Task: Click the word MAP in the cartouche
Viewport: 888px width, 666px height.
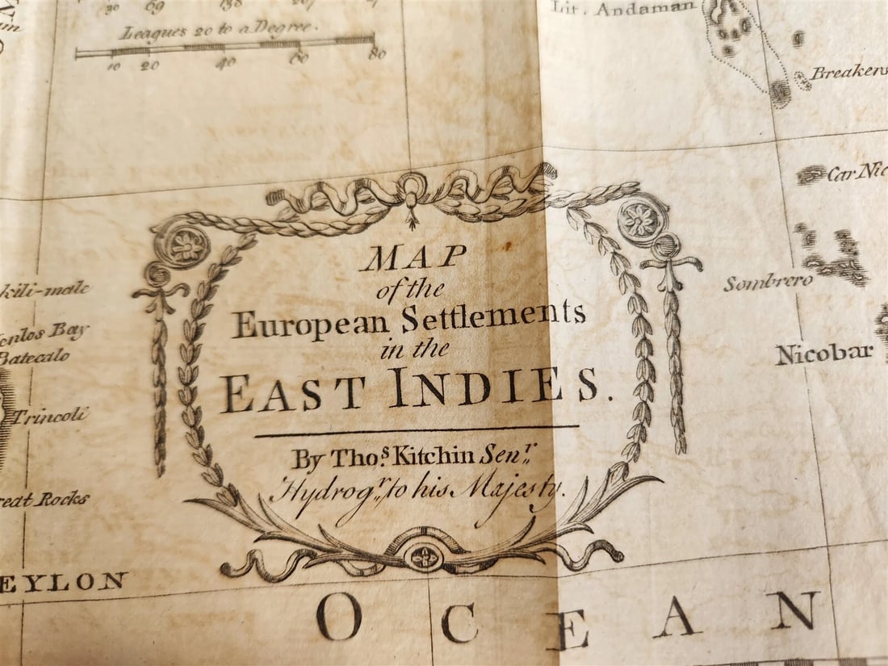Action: pos(413,258)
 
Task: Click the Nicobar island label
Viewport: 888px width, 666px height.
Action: pos(824,354)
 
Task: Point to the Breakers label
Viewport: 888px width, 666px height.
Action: pos(848,73)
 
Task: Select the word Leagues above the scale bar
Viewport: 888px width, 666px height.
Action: pos(149,32)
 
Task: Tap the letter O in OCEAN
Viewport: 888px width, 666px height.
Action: pos(338,616)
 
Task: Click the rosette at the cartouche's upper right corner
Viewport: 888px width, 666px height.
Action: pos(643,220)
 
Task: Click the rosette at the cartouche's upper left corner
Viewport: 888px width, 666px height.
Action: pos(183,244)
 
